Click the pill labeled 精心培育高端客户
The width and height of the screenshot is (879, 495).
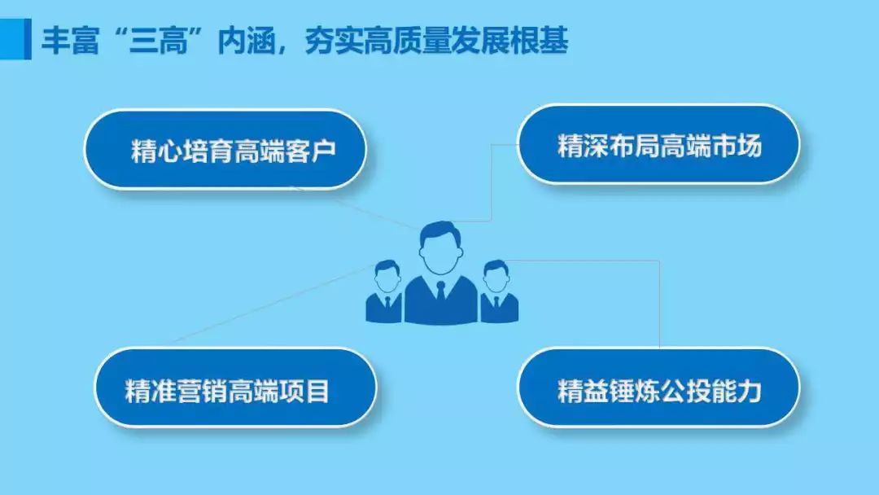tap(225, 149)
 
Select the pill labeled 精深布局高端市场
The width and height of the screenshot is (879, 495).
tap(658, 145)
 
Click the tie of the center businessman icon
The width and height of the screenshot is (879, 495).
tap(440, 291)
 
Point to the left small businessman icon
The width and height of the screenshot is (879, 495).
tap(384, 291)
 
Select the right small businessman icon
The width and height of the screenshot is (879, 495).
tap(499, 291)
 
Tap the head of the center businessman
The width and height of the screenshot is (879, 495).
tap(441, 247)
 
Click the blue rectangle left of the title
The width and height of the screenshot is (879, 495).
tap(15, 39)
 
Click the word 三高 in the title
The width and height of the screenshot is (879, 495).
tap(158, 41)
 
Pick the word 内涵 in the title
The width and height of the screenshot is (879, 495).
tap(247, 41)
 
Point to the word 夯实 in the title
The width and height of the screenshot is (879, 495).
tap(335, 41)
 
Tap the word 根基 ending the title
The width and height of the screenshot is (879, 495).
tap(540, 41)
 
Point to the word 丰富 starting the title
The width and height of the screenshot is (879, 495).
tap(70, 41)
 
